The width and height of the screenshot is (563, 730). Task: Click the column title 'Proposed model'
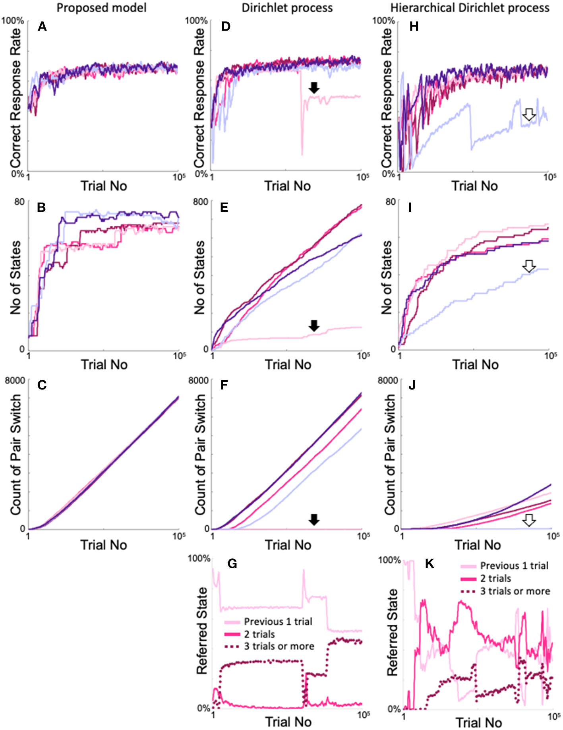(101, 8)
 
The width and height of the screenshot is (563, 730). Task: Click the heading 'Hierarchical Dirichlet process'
(470, 8)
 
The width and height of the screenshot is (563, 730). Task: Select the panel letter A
(42, 27)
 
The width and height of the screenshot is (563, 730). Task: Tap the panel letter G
(232, 563)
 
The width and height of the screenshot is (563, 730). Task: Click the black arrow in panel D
(314, 88)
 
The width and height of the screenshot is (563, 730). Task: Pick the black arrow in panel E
(314, 325)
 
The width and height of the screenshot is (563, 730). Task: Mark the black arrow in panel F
(314, 519)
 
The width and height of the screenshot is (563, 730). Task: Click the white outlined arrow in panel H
(528, 115)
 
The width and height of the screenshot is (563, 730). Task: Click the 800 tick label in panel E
(201, 202)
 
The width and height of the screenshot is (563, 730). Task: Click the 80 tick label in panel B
(19, 202)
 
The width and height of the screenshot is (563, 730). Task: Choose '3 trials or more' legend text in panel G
(279, 647)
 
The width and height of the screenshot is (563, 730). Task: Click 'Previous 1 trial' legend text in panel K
(514, 565)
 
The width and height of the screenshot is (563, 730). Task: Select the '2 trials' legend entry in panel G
(259, 634)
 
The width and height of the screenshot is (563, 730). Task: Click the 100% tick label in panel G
(199, 559)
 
